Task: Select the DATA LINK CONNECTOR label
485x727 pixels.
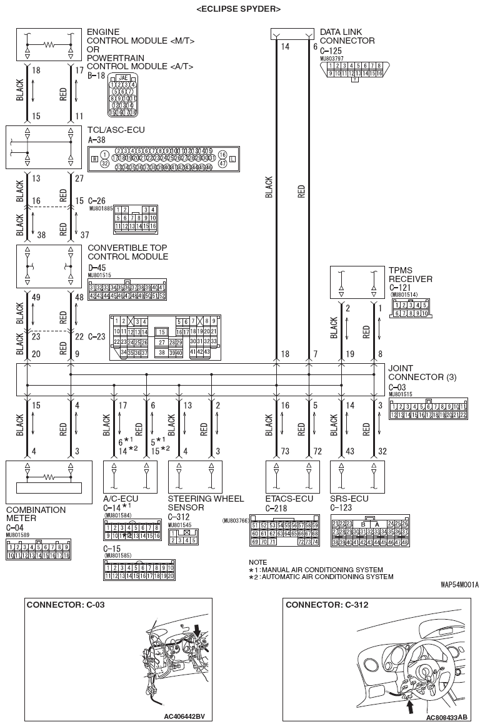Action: click(x=347, y=36)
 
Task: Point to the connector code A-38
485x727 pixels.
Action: click(x=97, y=140)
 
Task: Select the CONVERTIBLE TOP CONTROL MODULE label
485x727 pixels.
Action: click(x=127, y=256)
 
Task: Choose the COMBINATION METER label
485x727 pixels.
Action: click(x=36, y=514)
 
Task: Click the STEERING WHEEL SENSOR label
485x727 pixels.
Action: click(x=206, y=503)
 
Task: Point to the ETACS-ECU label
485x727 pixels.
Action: click(x=289, y=499)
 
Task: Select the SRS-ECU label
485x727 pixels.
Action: click(x=349, y=499)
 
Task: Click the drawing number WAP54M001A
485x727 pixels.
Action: click(x=459, y=585)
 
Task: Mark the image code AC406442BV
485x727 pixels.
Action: click(x=184, y=716)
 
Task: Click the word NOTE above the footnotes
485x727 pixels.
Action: click(x=257, y=562)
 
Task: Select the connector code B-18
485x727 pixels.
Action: click(x=96, y=75)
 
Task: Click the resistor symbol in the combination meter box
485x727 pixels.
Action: click(x=44, y=475)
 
